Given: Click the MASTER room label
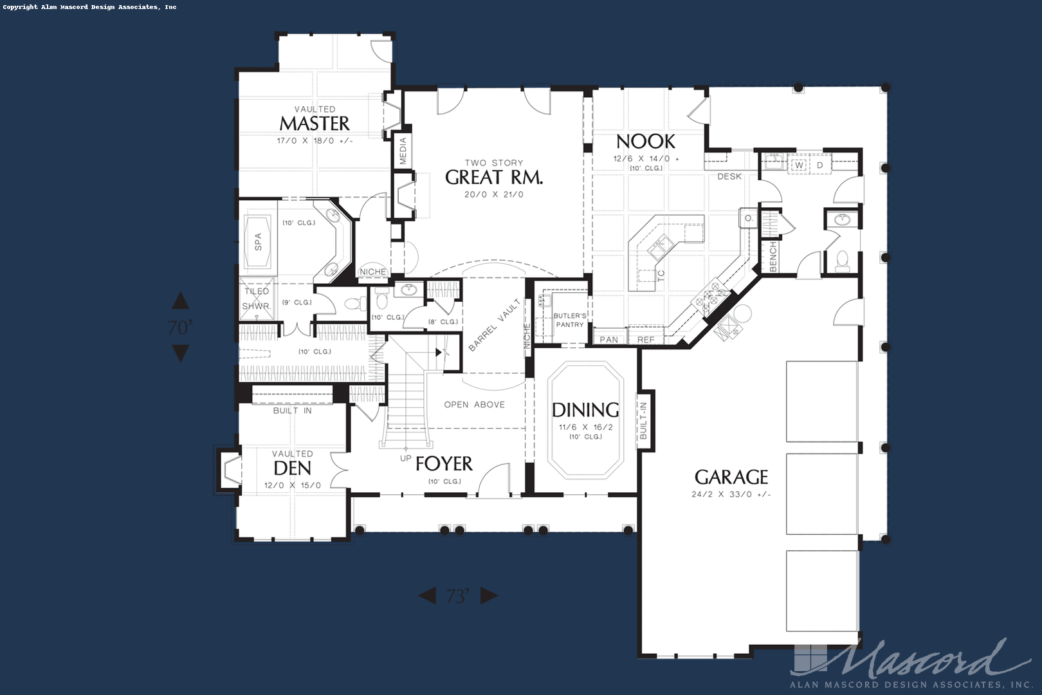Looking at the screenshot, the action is point(315,124).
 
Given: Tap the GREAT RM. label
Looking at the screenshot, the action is point(494,177).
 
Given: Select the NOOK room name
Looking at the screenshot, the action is point(646,141).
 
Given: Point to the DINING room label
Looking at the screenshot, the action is point(585,410).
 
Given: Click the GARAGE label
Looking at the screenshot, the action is point(731,477).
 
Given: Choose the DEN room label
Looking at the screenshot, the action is point(292,468).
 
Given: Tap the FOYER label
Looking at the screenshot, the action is point(444,463).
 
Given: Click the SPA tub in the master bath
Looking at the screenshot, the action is point(258,241).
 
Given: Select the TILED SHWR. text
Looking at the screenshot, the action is point(257,299).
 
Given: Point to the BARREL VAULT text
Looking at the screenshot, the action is point(494,325).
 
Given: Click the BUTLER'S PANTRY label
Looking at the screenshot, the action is point(570,320).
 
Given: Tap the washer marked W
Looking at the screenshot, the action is point(799,165).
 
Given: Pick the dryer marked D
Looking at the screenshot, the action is point(819,165).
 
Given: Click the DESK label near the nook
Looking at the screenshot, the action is point(729,176).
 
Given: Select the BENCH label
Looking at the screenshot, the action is point(773,257).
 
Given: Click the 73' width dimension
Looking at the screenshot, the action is point(458,596).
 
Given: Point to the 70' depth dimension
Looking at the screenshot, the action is point(181,328).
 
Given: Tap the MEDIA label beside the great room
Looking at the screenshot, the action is point(403,151).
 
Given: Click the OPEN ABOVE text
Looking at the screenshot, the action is point(475,405).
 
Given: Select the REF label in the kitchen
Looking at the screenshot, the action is point(646,340).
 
